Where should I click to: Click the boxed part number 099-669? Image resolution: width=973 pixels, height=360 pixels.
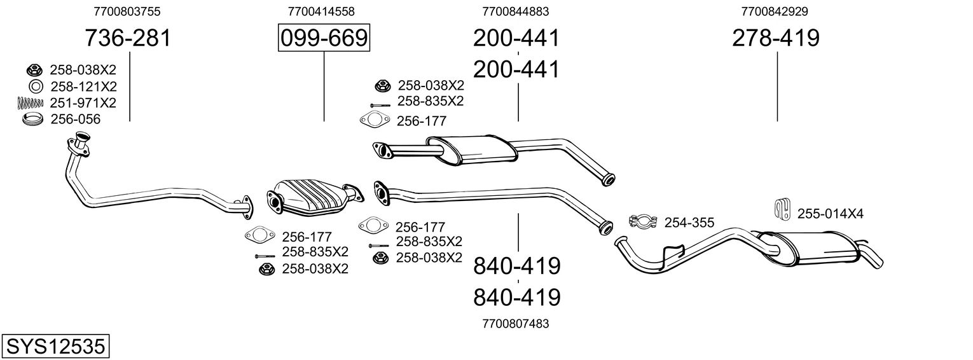click(324, 38)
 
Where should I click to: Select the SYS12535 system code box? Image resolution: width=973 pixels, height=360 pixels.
click(55, 346)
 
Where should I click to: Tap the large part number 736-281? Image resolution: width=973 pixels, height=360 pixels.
click(128, 38)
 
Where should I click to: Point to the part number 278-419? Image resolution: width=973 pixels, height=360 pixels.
click(776, 38)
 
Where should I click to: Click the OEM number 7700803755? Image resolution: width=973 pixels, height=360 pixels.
click(127, 11)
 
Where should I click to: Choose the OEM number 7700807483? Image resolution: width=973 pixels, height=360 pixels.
click(516, 324)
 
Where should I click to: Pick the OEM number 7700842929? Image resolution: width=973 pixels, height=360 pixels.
click(775, 11)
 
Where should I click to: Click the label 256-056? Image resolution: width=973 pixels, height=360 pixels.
click(76, 119)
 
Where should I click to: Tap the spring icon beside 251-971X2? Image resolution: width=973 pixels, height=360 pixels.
click(31, 103)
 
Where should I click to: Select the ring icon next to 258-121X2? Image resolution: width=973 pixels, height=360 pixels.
click(35, 87)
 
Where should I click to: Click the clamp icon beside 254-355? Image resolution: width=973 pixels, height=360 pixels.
click(642, 221)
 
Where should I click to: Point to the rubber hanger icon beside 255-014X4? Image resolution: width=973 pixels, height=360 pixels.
click(783, 208)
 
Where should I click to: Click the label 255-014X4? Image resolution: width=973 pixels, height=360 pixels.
click(831, 214)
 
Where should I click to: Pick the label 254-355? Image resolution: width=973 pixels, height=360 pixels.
click(689, 223)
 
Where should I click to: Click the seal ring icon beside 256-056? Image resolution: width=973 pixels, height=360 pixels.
click(32, 120)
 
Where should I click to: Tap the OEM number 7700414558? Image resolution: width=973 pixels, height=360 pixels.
click(321, 11)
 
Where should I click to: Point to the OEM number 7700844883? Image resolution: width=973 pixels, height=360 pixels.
click(516, 11)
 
